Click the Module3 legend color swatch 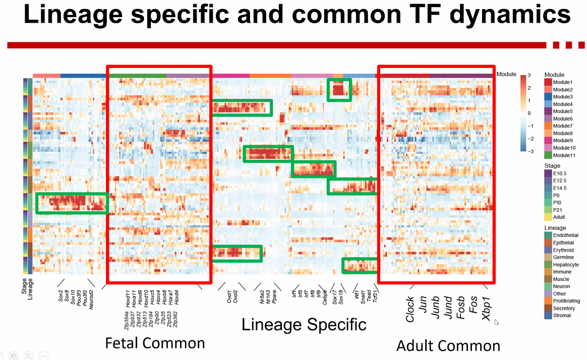[548, 97]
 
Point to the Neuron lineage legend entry [561, 286]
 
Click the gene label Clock [410, 309]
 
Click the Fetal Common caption [155, 343]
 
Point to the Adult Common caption [448, 346]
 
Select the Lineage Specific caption [304, 324]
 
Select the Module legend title [554, 75]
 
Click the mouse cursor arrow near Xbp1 [496, 322]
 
